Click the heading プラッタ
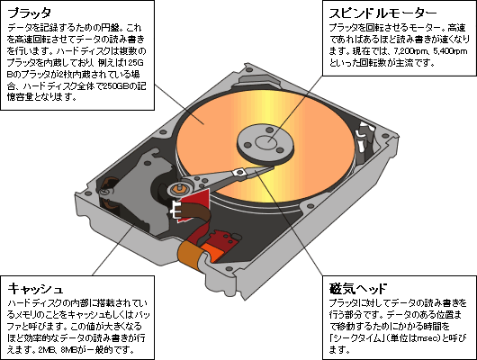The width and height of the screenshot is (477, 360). click(30, 13)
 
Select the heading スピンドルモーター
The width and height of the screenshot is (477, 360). click(383, 13)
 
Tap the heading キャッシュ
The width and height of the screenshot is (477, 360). click(35, 289)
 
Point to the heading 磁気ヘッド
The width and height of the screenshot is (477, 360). click(358, 289)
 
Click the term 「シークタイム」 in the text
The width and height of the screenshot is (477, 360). click(356, 338)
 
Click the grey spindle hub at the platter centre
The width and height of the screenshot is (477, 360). click(265, 143)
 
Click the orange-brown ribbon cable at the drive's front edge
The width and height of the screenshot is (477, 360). click(189, 256)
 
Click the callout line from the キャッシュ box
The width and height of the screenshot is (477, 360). click(112, 250)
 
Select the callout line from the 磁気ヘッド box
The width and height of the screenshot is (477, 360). click(289, 223)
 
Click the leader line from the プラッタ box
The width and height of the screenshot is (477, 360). click(179, 104)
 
